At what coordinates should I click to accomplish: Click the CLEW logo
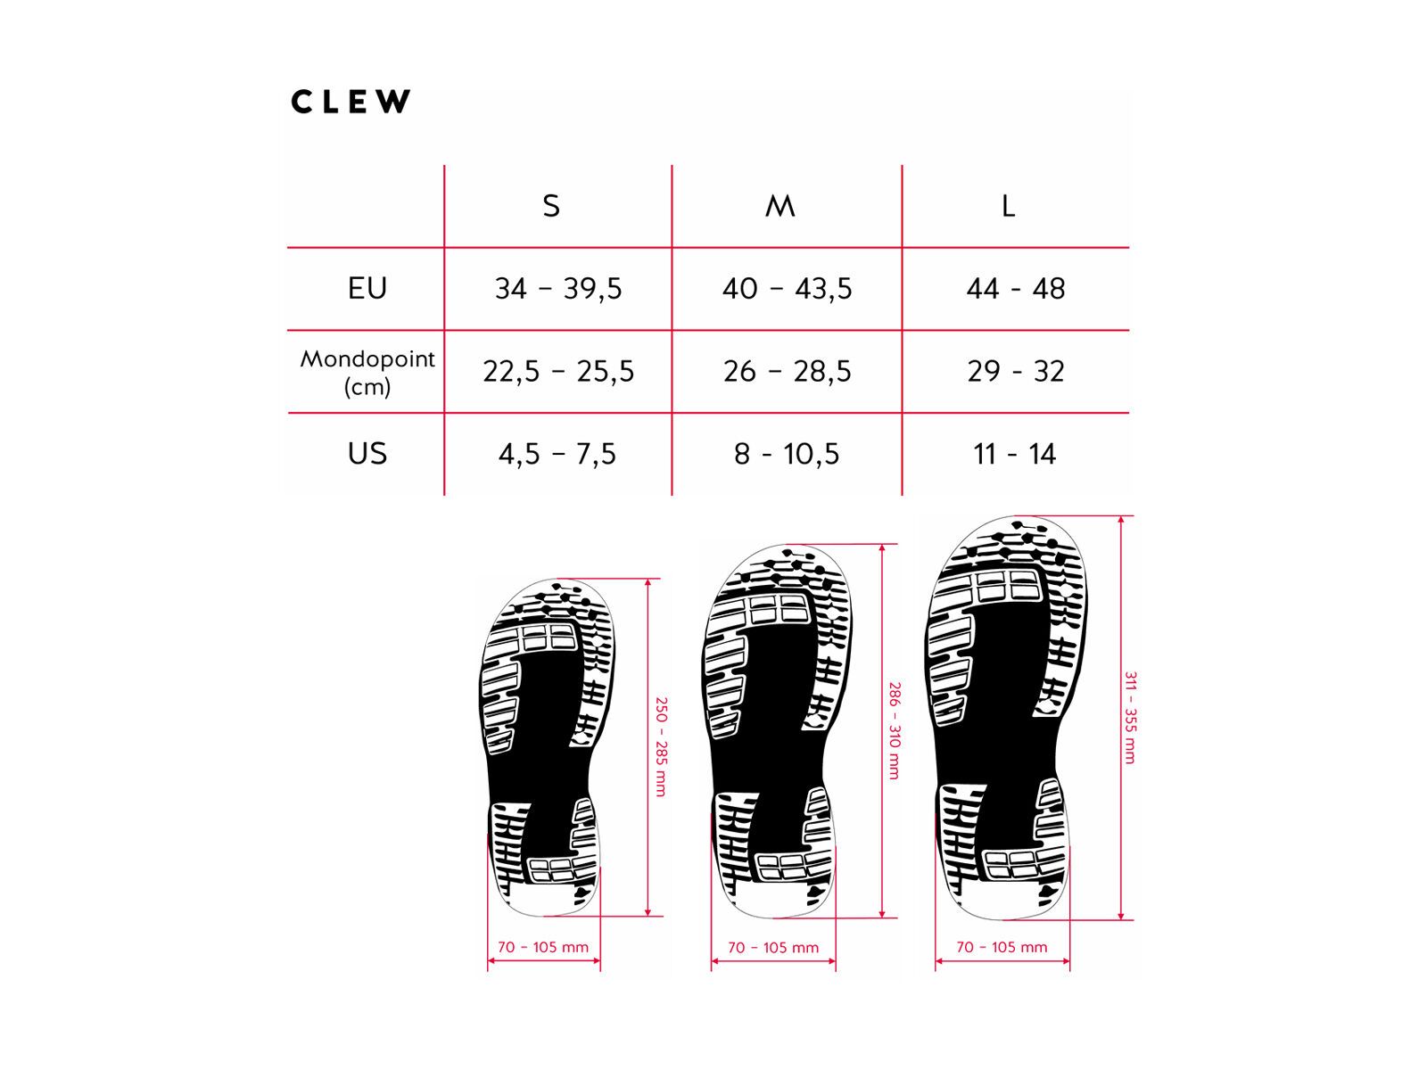[351, 102]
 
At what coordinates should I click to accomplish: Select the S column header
[551, 206]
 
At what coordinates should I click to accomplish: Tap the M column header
[780, 206]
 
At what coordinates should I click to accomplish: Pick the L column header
[1008, 206]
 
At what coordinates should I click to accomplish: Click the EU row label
[367, 288]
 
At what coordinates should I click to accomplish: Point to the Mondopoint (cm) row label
[367, 372]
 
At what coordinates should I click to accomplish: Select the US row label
[367, 453]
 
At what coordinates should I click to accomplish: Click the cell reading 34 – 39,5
[558, 288]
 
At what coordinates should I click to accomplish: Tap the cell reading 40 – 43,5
[787, 288]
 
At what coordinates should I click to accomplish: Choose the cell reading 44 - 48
[1016, 288]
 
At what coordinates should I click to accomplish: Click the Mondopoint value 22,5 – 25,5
[558, 371]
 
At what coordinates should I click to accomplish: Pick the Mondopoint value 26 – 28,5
[787, 371]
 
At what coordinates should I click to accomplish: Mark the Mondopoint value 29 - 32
[1016, 371]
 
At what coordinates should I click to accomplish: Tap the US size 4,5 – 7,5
[557, 454]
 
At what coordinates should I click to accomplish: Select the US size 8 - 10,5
[787, 454]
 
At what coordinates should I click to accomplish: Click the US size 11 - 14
[1015, 454]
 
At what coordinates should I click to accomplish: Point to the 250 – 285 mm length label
[661, 746]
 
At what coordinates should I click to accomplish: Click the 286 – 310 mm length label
[895, 730]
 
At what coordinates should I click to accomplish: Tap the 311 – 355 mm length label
[1130, 717]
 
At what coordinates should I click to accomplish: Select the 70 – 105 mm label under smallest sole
[543, 947]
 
